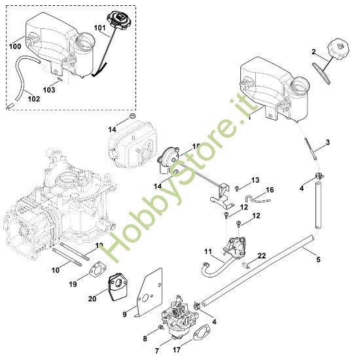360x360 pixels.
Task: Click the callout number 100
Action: click(14, 48)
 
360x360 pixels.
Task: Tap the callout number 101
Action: click(99, 27)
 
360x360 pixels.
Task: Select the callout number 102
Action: click(33, 99)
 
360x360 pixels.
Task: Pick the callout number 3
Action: click(328, 143)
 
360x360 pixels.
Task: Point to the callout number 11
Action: click(208, 252)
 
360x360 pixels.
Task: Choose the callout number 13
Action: click(255, 180)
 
